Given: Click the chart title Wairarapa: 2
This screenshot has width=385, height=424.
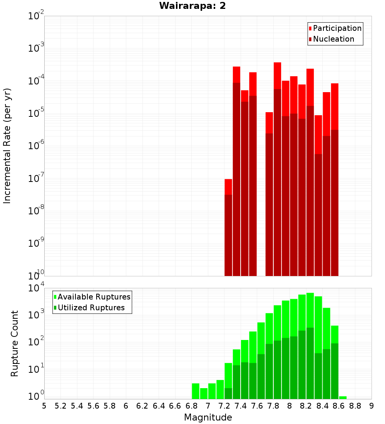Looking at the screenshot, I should click(192, 6).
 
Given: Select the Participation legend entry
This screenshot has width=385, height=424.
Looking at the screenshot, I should click(337, 28).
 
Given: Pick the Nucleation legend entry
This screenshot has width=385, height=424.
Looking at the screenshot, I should click(333, 39).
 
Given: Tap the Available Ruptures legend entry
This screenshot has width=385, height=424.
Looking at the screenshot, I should click(94, 297).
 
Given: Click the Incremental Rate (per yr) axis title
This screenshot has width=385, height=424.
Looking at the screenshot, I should click(7, 146).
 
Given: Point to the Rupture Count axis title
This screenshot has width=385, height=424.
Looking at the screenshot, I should click(15, 343).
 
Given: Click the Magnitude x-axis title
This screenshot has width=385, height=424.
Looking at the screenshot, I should click(208, 417).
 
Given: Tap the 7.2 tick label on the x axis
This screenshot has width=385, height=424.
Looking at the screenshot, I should click(224, 405).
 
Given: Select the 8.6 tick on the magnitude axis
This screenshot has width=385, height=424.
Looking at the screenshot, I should click(339, 405).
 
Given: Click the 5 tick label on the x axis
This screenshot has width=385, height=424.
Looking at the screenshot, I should click(44, 405).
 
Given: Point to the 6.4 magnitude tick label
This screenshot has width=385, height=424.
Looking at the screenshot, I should click(159, 405).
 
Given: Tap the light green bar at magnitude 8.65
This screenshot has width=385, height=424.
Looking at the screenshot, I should click(343, 397).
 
